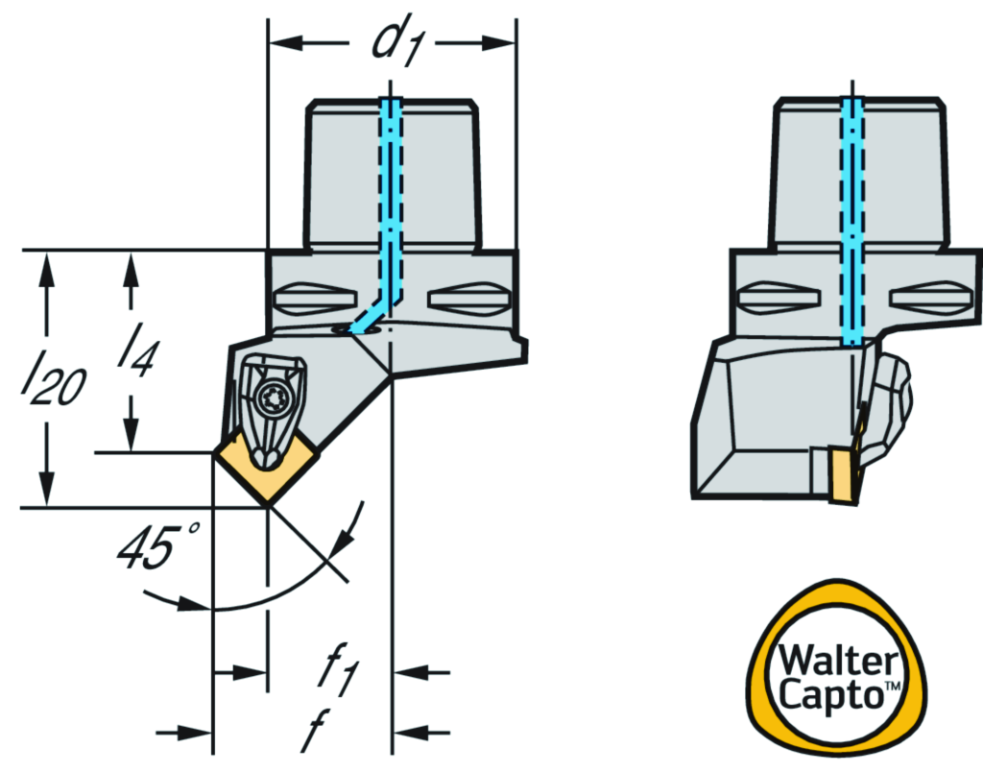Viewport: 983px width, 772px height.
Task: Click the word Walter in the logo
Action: (x=838, y=662)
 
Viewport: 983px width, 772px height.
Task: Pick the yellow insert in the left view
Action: (x=265, y=469)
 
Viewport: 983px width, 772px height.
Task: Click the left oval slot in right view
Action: (x=773, y=296)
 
